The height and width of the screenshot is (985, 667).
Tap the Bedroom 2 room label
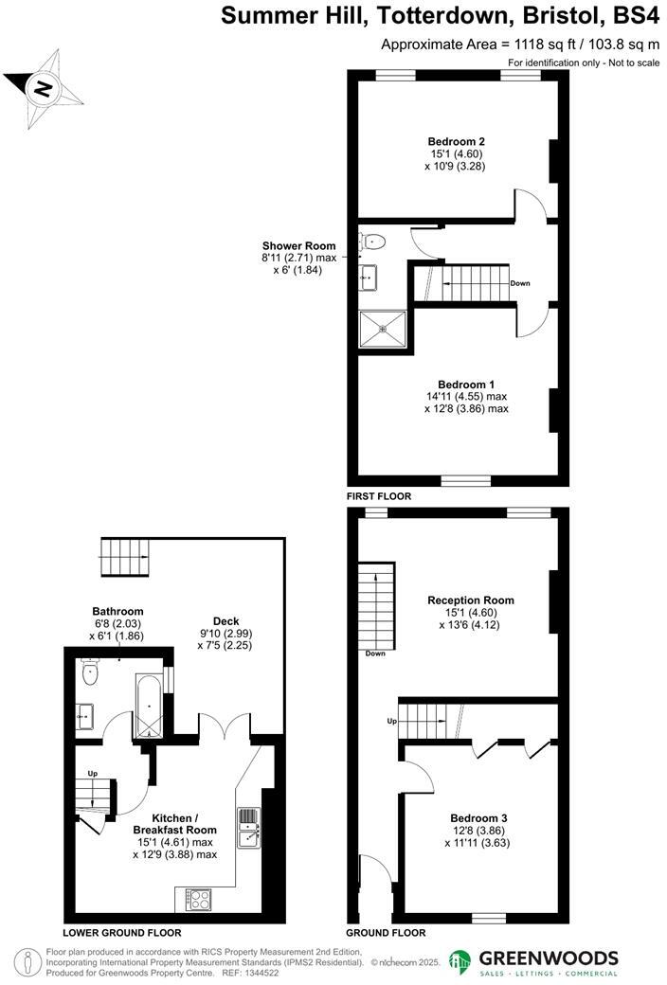(x=449, y=142)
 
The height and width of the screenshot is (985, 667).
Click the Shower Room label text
(x=299, y=245)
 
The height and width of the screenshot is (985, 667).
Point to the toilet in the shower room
(x=370, y=240)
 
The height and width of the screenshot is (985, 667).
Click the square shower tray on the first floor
(x=383, y=330)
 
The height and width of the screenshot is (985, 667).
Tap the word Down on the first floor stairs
(x=520, y=283)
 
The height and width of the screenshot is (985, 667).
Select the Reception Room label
(x=471, y=600)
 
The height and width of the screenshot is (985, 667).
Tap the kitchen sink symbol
(x=249, y=826)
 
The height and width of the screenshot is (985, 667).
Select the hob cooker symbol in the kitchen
(x=199, y=898)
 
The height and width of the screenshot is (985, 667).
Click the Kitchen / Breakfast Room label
(x=175, y=824)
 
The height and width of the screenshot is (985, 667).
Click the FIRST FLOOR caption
(x=379, y=495)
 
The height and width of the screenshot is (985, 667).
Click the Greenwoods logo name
(x=550, y=958)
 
